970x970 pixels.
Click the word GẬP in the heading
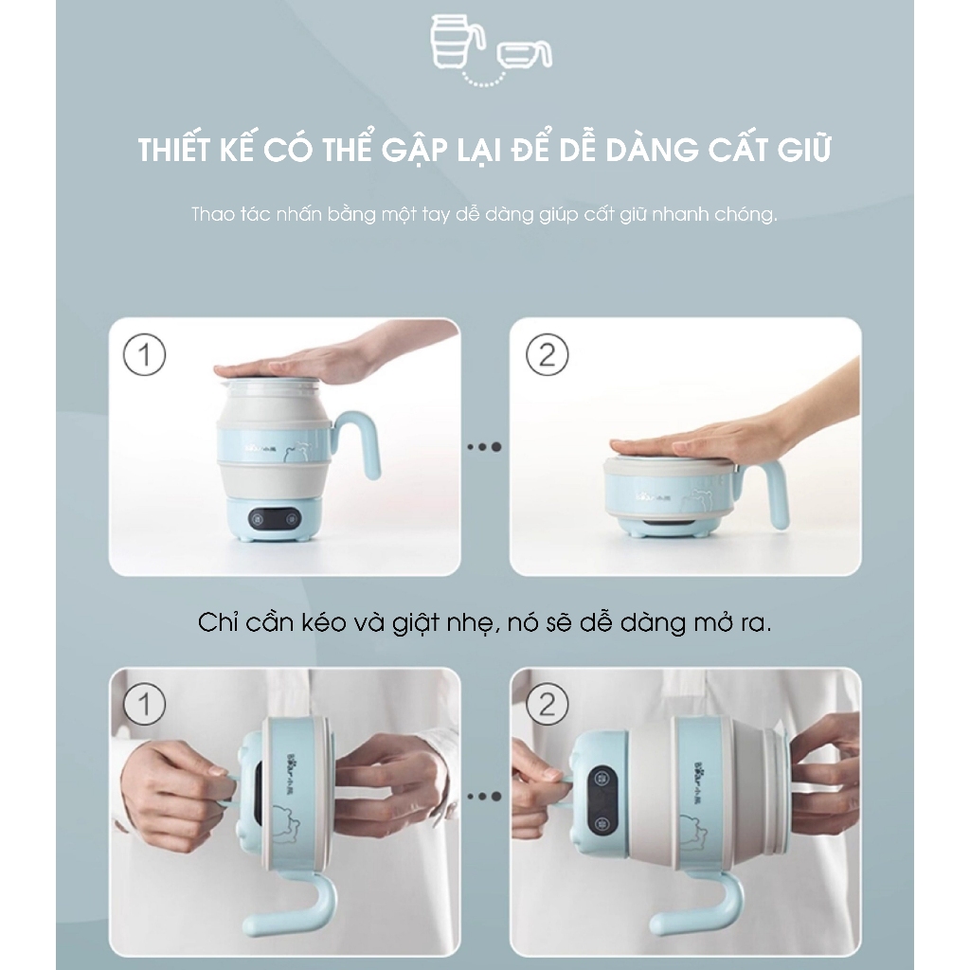(x=416, y=151)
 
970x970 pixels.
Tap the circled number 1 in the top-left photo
(x=145, y=354)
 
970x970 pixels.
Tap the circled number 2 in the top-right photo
(x=547, y=354)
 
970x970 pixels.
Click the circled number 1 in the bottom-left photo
(x=145, y=704)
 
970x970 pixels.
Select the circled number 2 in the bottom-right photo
(x=547, y=704)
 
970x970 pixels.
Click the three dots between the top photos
(x=484, y=447)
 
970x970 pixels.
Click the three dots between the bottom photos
(x=484, y=796)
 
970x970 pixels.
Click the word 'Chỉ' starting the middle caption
(x=219, y=622)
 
